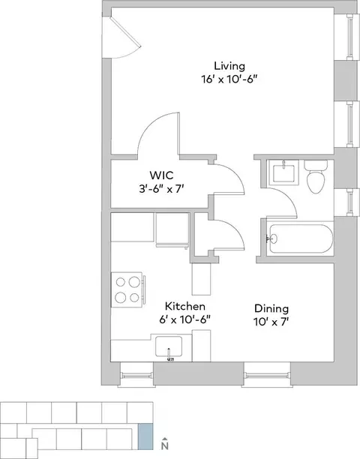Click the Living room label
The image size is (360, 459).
point(229,67)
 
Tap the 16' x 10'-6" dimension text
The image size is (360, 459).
point(229,79)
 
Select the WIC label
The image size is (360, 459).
point(161,175)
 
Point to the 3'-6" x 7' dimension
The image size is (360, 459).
point(161,189)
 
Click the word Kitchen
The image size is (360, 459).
point(185,307)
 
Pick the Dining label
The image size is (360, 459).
point(271,308)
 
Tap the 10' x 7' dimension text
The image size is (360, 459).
point(271,322)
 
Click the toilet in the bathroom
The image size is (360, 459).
point(316,176)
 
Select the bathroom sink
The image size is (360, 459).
point(283,172)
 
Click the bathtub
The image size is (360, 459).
point(301,238)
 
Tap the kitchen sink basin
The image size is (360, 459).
point(169,347)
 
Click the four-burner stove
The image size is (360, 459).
point(128,289)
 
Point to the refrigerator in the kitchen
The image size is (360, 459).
point(172,229)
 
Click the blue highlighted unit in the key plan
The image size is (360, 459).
point(145,436)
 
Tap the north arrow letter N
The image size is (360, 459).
point(165,445)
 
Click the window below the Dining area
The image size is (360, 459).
point(267,375)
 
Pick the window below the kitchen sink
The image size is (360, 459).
point(136,375)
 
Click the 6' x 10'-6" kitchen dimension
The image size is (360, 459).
point(185,319)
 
